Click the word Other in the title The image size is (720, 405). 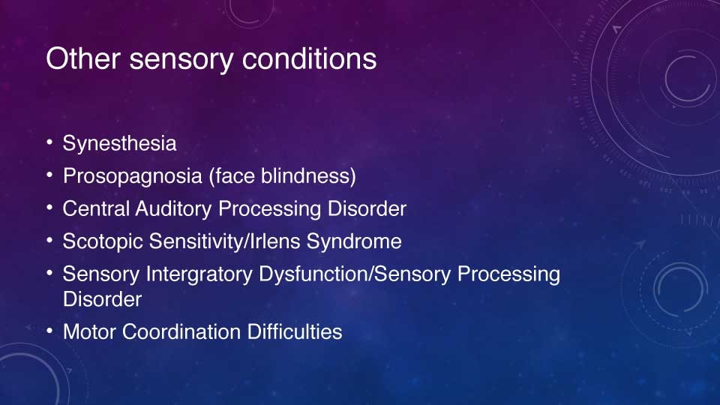83,58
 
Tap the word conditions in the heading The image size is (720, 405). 309,58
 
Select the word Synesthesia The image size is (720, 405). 119,143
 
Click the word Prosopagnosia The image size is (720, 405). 133,176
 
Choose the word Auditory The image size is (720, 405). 173,209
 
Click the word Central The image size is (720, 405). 96,209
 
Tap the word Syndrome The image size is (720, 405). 354,241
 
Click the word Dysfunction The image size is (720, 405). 313,274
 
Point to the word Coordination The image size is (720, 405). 181,332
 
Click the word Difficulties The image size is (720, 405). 294,332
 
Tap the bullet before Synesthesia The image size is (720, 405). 49,142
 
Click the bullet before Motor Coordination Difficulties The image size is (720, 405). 49,331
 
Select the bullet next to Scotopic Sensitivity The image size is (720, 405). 49,241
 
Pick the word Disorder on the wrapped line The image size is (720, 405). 103,299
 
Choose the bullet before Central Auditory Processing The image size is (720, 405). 49,208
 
